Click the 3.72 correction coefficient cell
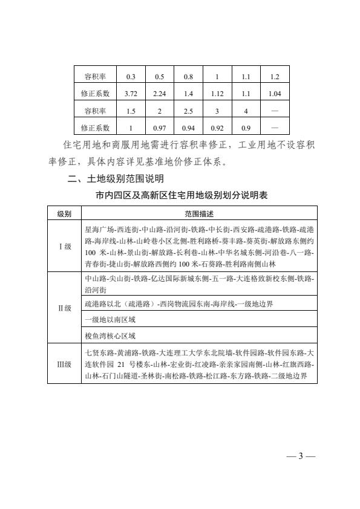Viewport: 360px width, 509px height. pos(130,94)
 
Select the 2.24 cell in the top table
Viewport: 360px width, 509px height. pos(159,94)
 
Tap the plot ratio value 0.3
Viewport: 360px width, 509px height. pos(130,77)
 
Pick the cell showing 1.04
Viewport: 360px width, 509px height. pos(275,94)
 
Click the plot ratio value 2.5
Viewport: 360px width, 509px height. pos(188,111)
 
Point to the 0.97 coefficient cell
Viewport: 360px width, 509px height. pos(159,128)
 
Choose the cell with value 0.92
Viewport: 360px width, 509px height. pos(217,128)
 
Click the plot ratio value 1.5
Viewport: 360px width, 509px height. pos(130,111)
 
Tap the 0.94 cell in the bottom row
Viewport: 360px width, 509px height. pos(188,128)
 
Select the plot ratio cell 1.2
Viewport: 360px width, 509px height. pos(275,77)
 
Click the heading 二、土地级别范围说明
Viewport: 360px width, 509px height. pos(115,179)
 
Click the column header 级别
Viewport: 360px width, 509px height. pos(65,214)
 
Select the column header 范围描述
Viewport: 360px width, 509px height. pos(199,214)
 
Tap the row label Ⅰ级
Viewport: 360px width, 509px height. pos(65,247)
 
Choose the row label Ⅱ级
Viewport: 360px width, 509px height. pos(65,308)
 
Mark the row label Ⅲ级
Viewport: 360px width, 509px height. pos(65,364)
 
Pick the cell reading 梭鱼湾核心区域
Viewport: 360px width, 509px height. pos(110,334)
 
